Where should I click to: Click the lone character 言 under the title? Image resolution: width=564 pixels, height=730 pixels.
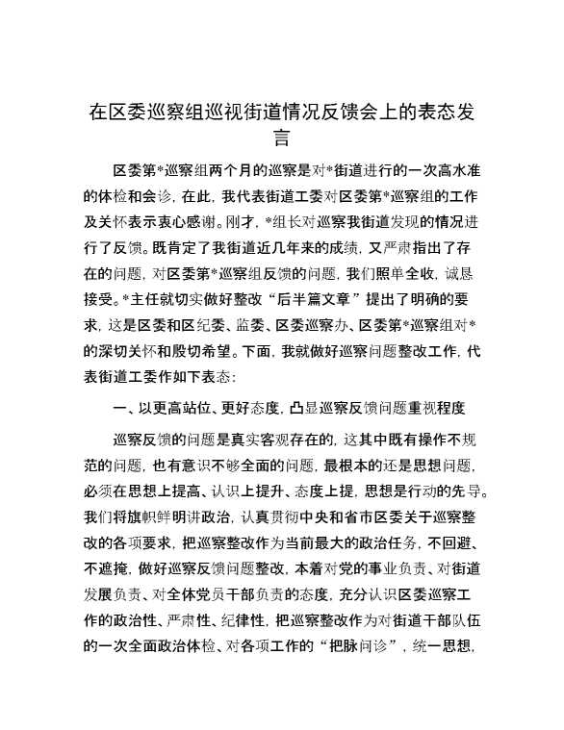click(x=282, y=138)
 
